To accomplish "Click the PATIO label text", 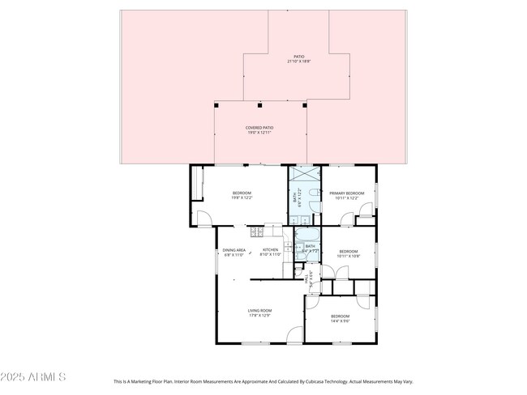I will [x=299, y=56].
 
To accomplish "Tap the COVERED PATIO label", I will [x=259, y=128].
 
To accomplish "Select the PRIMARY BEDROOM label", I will [x=346, y=193].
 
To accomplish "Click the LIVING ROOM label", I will [x=259, y=310].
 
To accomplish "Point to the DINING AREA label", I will [x=234, y=250].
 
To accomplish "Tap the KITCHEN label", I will [x=270, y=250].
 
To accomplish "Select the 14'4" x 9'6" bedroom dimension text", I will [x=340, y=321].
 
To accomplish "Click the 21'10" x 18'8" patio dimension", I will [x=299, y=62].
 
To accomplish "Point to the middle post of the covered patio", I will [x=259, y=105].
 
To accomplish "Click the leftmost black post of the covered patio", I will [x=216, y=105].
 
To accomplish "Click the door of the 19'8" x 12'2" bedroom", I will [x=204, y=217].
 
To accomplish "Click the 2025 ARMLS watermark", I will [x=32, y=377].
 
